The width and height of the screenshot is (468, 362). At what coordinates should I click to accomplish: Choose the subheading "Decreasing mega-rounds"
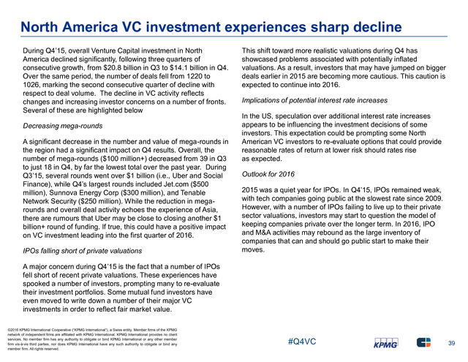tap(63, 126)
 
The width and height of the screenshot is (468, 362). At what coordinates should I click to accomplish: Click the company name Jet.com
tap(176, 184)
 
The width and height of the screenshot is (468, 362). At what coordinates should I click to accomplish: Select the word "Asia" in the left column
tap(211, 210)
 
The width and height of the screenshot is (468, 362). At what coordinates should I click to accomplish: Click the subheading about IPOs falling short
tap(83, 251)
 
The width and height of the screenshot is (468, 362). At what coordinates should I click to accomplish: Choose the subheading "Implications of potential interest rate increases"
tap(314, 100)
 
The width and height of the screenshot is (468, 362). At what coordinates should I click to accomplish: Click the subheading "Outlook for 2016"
tap(268, 174)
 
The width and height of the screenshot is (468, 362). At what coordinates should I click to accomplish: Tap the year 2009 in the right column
tap(434, 198)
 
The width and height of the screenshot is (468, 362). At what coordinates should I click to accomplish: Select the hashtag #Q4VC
tap(302, 342)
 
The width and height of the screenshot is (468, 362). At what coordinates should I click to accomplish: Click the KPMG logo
tap(386, 343)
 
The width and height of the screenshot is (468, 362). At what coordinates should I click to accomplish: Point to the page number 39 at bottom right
tap(452, 343)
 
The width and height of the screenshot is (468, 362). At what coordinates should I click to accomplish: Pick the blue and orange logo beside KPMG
tap(424, 342)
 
